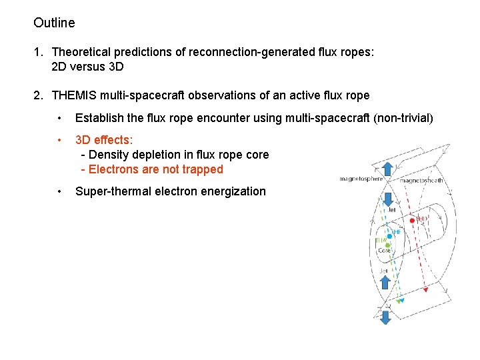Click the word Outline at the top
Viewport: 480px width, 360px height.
[x=54, y=23]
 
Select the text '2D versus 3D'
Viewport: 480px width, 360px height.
[x=87, y=67]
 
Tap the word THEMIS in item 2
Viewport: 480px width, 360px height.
[x=75, y=95]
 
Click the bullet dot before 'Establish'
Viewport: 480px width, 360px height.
[x=60, y=119]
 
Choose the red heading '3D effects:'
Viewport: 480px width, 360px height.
[x=104, y=141]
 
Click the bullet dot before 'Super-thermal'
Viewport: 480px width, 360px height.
[x=60, y=192]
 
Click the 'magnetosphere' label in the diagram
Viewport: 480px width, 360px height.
[x=361, y=179]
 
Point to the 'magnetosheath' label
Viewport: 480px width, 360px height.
[x=423, y=180]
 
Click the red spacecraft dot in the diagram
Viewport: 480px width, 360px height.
[x=412, y=220]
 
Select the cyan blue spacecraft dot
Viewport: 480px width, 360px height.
[x=389, y=235]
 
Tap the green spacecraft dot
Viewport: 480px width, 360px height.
[x=387, y=245]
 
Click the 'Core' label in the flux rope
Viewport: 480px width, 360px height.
[x=384, y=251]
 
